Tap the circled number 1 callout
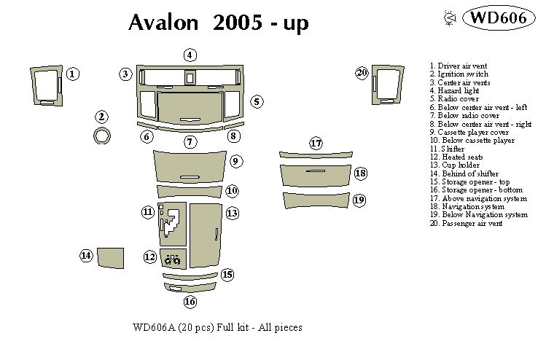pyautogui.click(x=73, y=74)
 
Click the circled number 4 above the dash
pyautogui.click(x=190, y=55)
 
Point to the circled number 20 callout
pyautogui.click(x=362, y=73)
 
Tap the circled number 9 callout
pyautogui.click(x=235, y=160)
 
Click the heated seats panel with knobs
pyautogui.click(x=173, y=260)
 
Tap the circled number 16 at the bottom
pyautogui.click(x=190, y=302)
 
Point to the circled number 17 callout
pyautogui.click(x=316, y=144)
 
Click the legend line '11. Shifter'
pyautogui.click(x=447, y=149)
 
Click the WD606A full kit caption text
pyautogui.click(x=217, y=328)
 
